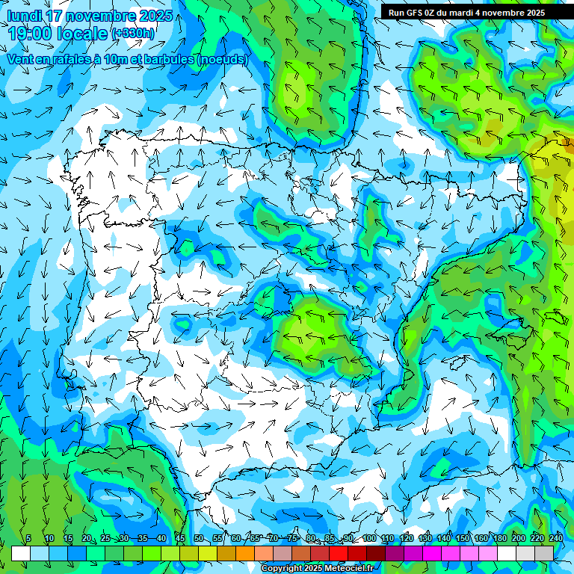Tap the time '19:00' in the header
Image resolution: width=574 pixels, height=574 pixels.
point(31,33)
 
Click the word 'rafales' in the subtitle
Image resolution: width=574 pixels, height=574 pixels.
point(87,59)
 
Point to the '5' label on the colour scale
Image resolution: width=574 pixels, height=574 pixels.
point(28,539)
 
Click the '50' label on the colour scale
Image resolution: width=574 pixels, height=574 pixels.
point(199,539)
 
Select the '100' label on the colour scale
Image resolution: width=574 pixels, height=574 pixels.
point(369,539)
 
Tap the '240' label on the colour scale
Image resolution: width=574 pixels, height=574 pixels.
point(556,539)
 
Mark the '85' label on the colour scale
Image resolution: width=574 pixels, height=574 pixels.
point(330,539)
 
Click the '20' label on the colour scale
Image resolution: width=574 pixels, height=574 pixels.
point(87,539)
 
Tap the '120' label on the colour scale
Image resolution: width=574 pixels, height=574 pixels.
point(407,539)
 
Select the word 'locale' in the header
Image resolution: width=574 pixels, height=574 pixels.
point(82,33)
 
